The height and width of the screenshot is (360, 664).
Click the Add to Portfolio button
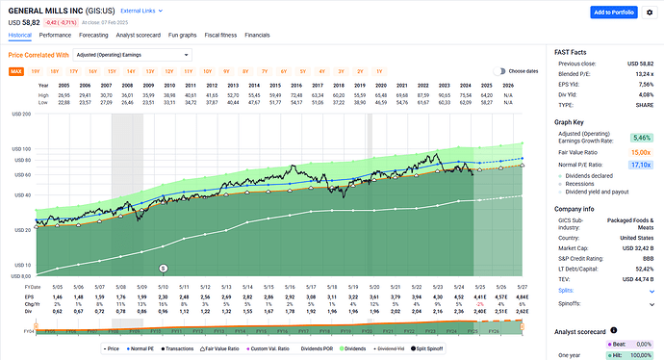(x=613, y=13)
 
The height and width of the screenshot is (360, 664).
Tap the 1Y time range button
(x=378, y=71)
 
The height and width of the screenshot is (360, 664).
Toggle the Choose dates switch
(x=499, y=71)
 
